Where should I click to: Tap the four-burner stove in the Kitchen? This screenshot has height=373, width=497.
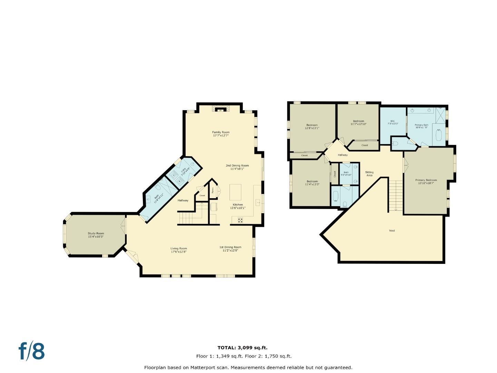(x=240, y=220)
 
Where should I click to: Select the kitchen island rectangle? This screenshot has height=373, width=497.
(x=235, y=192)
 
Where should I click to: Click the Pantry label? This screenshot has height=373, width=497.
(x=213, y=190)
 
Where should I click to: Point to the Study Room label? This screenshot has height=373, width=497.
(x=96, y=233)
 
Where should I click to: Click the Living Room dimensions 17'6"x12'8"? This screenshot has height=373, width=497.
(x=179, y=252)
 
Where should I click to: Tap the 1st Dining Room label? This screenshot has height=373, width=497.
(x=230, y=247)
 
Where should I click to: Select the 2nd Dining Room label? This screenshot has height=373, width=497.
(x=237, y=165)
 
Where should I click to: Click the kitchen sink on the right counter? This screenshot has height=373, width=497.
(x=257, y=202)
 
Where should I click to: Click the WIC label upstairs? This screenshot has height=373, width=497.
(x=393, y=121)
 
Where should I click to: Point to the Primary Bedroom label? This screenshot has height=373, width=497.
(x=426, y=180)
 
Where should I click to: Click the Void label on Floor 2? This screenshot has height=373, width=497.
(x=392, y=230)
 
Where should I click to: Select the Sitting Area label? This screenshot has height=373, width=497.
(x=369, y=174)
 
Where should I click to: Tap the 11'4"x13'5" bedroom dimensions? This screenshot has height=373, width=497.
(x=312, y=184)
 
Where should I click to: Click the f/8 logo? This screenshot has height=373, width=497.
(x=32, y=351)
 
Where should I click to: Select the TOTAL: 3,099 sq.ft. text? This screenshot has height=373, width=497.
(x=242, y=348)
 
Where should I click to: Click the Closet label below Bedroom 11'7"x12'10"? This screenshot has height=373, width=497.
(x=364, y=145)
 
